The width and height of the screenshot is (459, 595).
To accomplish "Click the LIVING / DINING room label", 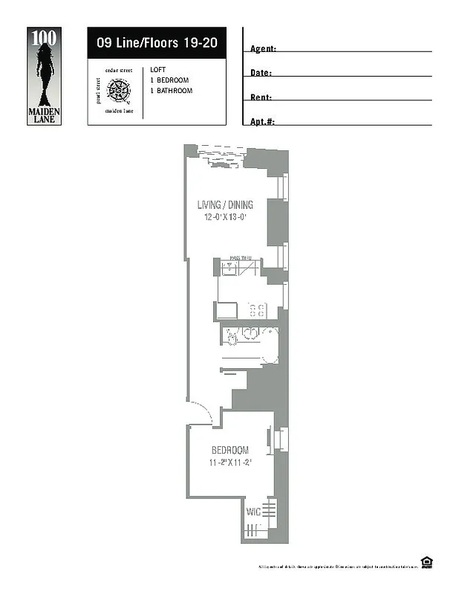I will tap(225, 205).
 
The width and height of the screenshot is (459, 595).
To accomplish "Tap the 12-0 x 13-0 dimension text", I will tap(225, 218).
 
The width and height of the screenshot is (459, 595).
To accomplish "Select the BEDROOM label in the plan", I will tap(229, 451).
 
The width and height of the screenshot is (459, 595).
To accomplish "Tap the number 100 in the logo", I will tap(42, 36).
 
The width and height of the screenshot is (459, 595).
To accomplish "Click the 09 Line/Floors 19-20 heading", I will tap(156, 42).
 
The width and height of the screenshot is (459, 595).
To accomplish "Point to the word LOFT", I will tap(157, 70).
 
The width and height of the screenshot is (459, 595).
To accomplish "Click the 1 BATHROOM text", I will tap(171, 91).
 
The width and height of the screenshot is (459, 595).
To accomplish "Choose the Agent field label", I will tap(263, 48).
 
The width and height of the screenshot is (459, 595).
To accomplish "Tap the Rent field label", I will tap(261, 97).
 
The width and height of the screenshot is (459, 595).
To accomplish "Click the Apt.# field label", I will tap(262, 121).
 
